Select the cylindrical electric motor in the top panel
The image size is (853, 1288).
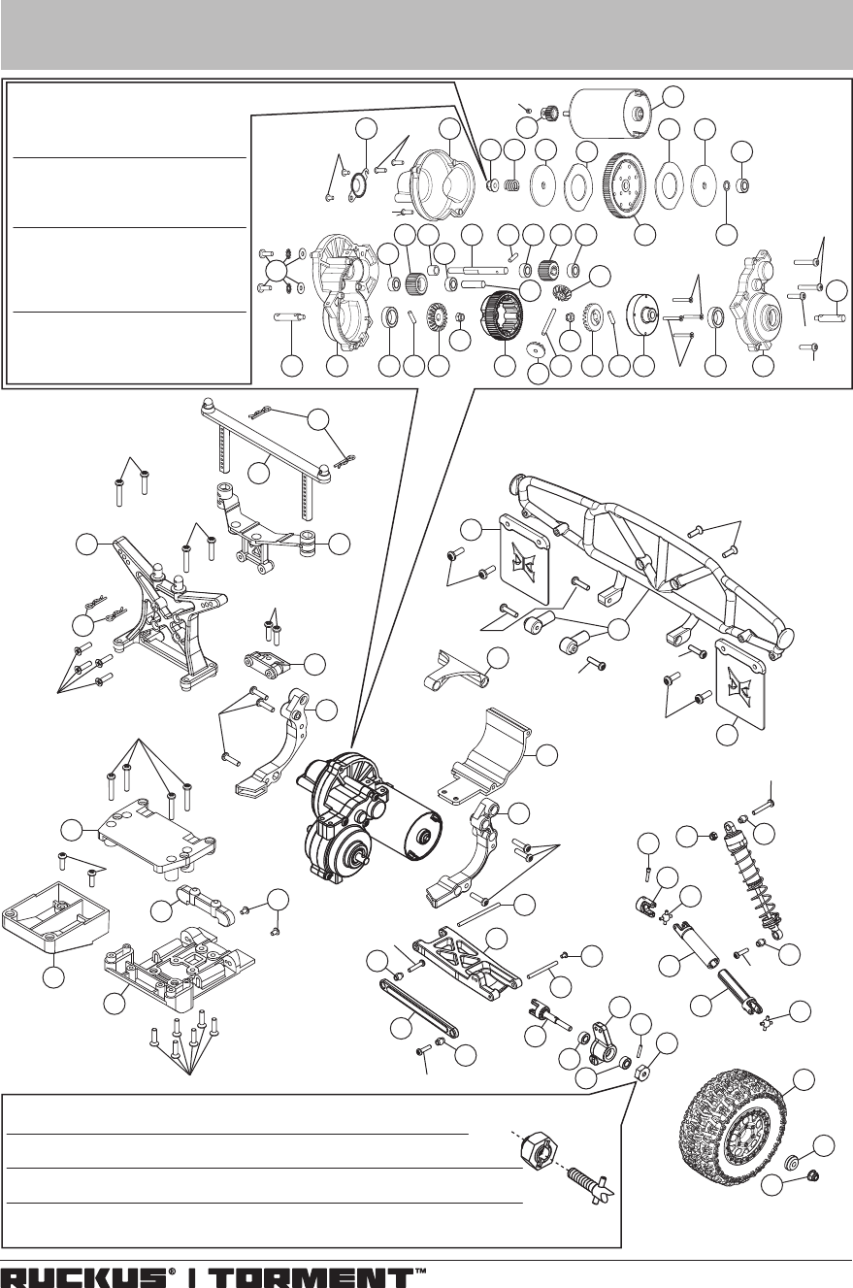click(x=608, y=114)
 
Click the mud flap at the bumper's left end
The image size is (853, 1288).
click(x=525, y=558)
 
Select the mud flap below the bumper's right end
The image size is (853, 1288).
click(x=740, y=684)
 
